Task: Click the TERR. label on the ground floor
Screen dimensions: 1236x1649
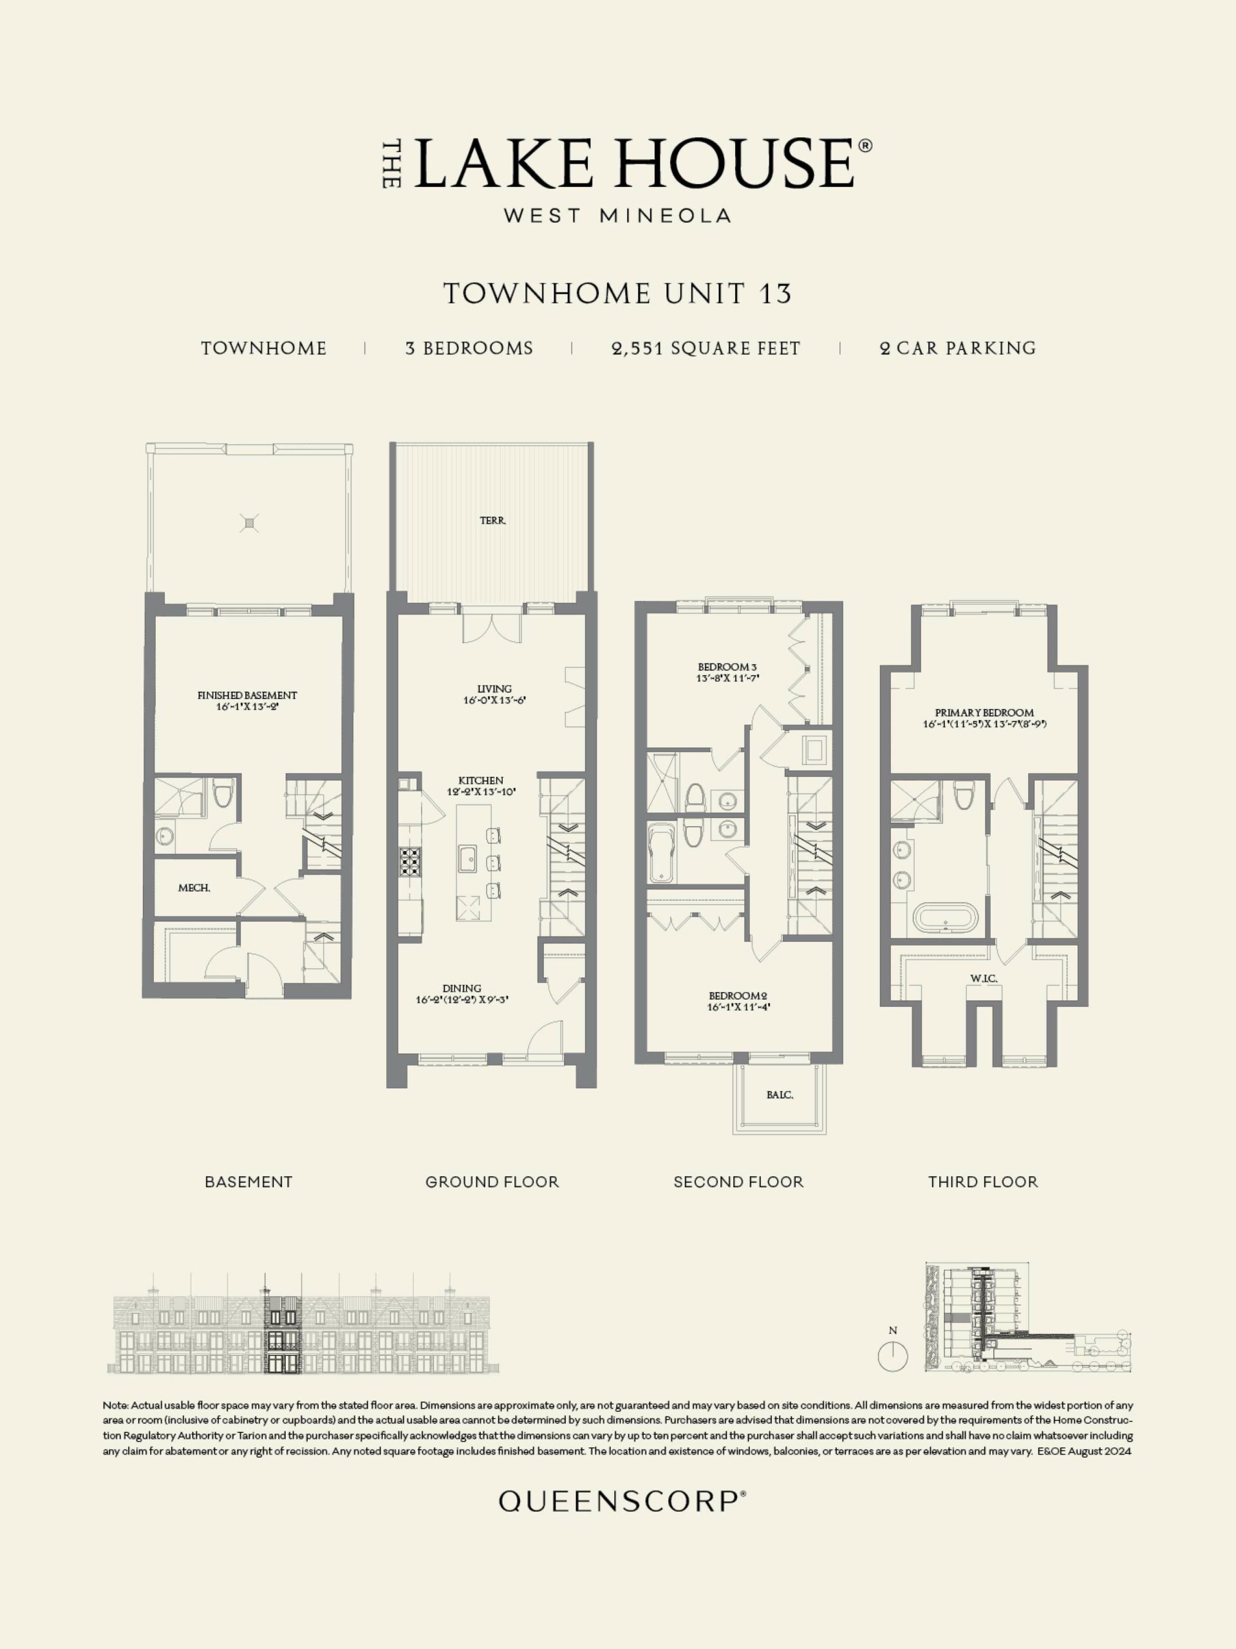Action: pos(493,521)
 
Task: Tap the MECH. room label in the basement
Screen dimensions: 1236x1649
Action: pos(194,888)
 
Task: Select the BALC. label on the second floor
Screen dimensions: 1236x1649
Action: pos(780,1095)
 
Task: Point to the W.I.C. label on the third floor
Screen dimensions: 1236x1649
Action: pos(984,978)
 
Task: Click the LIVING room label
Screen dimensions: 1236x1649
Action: pos(494,689)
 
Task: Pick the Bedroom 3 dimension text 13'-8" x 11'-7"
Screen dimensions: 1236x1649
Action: pos(728,678)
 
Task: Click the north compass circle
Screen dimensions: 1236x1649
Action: pos(892,1355)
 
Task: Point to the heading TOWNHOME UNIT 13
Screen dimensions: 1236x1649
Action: pos(617,294)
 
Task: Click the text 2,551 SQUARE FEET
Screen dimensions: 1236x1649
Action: pos(706,348)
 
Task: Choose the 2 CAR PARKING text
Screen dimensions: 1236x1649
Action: pos(957,348)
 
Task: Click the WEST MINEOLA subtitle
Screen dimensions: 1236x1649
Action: pos(617,215)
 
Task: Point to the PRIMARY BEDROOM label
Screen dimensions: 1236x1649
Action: pos(984,712)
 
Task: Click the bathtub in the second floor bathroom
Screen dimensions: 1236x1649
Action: pos(661,853)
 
